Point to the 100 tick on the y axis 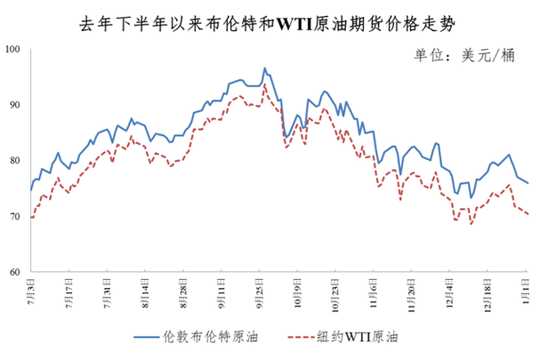click(16, 50)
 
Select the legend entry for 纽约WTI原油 click(346, 338)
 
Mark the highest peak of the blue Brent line click(264, 68)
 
